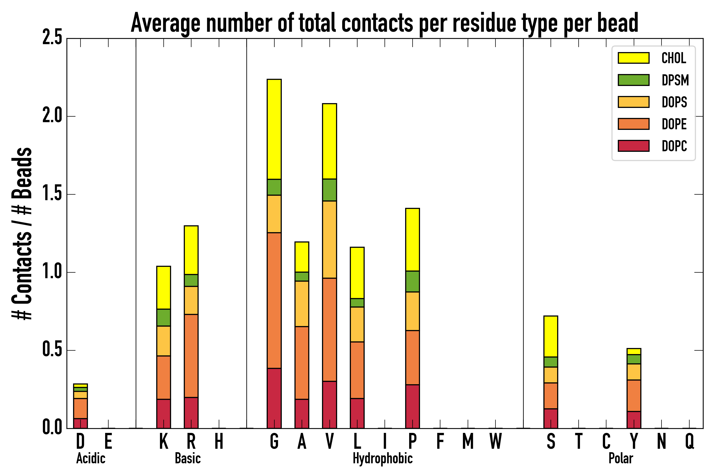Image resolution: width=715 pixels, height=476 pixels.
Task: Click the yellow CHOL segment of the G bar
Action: pos(274,129)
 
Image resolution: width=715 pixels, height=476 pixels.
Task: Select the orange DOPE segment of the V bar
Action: pos(329,329)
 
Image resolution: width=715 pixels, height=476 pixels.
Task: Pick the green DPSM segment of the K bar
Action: pos(164,318)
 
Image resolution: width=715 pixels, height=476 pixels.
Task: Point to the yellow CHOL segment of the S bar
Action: pos(551,336)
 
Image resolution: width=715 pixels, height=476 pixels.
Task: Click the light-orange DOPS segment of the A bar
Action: pos(302,304)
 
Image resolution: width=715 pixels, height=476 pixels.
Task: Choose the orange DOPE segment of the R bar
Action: pos(191,356)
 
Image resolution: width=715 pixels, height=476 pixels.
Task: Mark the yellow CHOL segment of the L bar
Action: pos(357,273)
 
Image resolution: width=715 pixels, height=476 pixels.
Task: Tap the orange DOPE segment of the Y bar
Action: pos(633,396)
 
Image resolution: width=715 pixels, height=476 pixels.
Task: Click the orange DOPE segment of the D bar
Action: pos(80,408)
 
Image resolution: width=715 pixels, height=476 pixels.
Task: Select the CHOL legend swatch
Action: pos(633,58)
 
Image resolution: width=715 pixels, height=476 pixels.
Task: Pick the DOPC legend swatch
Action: pos(633,146)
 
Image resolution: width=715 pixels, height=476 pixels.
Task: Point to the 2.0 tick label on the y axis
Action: pos(52,116)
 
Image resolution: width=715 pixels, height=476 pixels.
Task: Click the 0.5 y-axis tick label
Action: pos(52,350)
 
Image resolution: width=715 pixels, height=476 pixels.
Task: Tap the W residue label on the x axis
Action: pos(495,441)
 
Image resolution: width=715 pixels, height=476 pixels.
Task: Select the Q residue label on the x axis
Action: pos(689,441)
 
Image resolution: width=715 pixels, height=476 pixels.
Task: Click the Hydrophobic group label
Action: pos(382,458)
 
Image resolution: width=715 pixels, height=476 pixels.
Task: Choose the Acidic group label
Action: pos(91,458)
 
